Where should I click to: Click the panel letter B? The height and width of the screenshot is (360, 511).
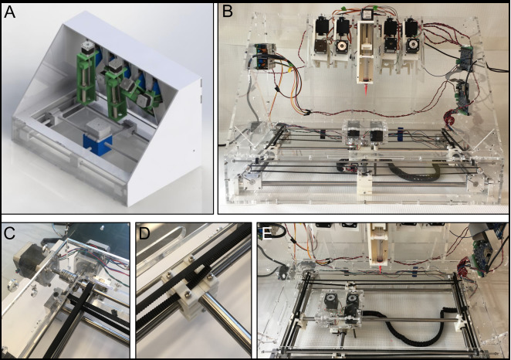tap(228, 12)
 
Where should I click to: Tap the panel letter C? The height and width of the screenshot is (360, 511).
tap(11, 233)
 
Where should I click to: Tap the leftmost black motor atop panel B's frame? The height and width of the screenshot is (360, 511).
tap(323, 29)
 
